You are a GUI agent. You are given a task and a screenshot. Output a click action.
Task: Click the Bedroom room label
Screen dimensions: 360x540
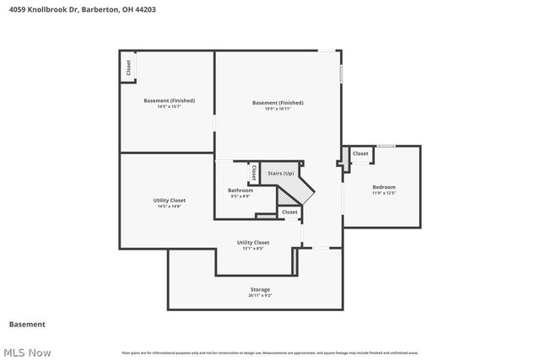point(384,186)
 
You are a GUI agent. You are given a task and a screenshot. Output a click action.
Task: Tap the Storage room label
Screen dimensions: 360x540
point(260,288)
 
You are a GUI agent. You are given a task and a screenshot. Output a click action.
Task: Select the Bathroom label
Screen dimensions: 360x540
point(240,190)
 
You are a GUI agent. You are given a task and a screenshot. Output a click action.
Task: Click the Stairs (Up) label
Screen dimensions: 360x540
point(280,173)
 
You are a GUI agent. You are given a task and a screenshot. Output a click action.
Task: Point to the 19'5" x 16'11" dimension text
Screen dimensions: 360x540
point(278,109)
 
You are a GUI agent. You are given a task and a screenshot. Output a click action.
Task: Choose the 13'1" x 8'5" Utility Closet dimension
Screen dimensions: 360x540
point(253,249)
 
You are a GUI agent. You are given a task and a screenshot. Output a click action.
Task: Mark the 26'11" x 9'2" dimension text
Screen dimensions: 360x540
point(260,295)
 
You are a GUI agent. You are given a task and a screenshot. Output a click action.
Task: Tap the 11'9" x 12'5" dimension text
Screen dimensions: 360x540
point(384,193)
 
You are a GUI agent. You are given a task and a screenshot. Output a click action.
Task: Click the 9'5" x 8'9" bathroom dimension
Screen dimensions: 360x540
point(240,196)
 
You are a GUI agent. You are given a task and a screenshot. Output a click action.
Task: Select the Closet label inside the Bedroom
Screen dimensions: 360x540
point(360,153)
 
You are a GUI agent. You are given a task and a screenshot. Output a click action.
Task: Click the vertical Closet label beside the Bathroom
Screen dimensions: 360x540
point(253,173)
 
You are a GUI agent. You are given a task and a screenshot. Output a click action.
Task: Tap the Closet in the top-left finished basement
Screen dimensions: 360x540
point(128,68)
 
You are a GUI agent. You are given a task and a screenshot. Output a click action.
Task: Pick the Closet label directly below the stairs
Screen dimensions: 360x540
point(289,212)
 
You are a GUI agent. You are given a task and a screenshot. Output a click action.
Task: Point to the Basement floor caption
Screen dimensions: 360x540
point(27,324)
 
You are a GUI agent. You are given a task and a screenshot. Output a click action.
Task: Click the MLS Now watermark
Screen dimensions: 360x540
point(27,352)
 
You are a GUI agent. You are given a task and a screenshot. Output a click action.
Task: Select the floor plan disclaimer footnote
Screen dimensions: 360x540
point(270,352)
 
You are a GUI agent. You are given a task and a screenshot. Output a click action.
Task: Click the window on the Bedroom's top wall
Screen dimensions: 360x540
point(386,146)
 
